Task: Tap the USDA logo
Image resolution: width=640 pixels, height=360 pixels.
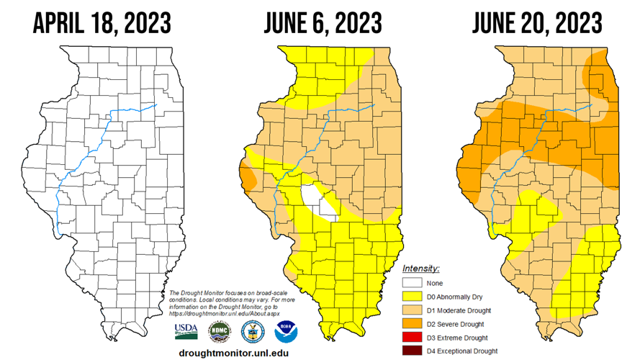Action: [x=186, y=331]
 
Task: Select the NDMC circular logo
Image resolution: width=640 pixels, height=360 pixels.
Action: [x=219, y=331]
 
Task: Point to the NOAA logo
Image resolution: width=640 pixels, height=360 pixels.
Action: [x=285, y=331]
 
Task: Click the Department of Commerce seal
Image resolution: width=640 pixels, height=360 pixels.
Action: [x=252, y=331]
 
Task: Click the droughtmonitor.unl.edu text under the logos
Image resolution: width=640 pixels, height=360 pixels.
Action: [x=233, y=353]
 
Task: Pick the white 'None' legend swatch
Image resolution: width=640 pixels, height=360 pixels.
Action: [x=413, y=284]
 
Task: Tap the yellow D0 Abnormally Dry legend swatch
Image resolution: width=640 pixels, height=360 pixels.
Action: [x=413, y=297]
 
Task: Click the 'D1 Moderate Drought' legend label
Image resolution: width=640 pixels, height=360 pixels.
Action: [x=459, y=310]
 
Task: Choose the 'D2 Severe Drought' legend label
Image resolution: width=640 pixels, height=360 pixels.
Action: [x=456, y=324]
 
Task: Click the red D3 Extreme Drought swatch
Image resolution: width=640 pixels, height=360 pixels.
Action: [x=413, y=338]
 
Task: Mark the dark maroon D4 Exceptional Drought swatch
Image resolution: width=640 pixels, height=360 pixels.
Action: [x=413, y=351]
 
